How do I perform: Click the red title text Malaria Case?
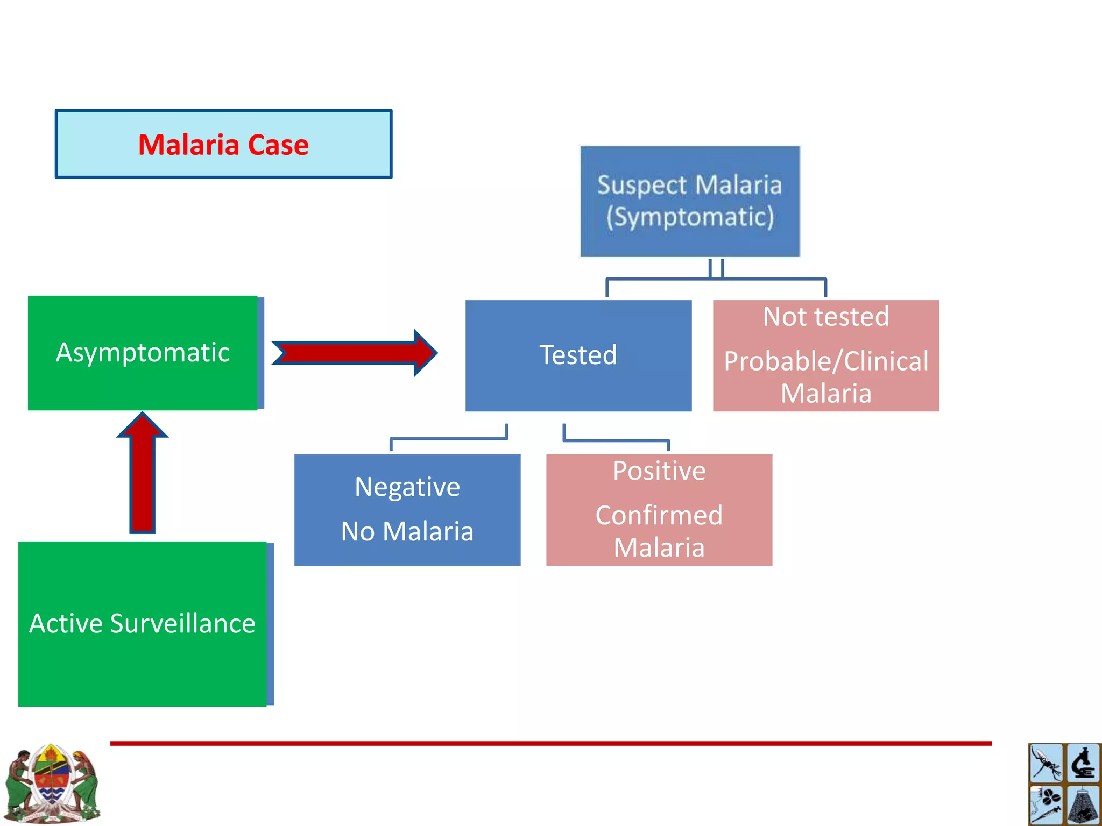click(x=223, y=145)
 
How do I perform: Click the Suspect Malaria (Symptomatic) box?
click(x=690, y=201)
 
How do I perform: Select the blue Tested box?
click(x=578, y=355)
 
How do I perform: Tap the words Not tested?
click(x=826, y=317)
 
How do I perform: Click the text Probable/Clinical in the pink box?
click(x=826, y=361)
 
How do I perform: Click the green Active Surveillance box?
click(x=143, y=624)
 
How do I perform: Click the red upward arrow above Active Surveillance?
click(x=143, y=473)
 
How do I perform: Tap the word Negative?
click(x=407, y=487)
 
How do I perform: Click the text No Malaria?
click(x=407, y=531)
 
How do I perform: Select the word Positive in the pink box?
click(x=659, y=471)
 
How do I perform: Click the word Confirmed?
click(x=659, y=515)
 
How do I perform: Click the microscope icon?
click(x=1083, y=763)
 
